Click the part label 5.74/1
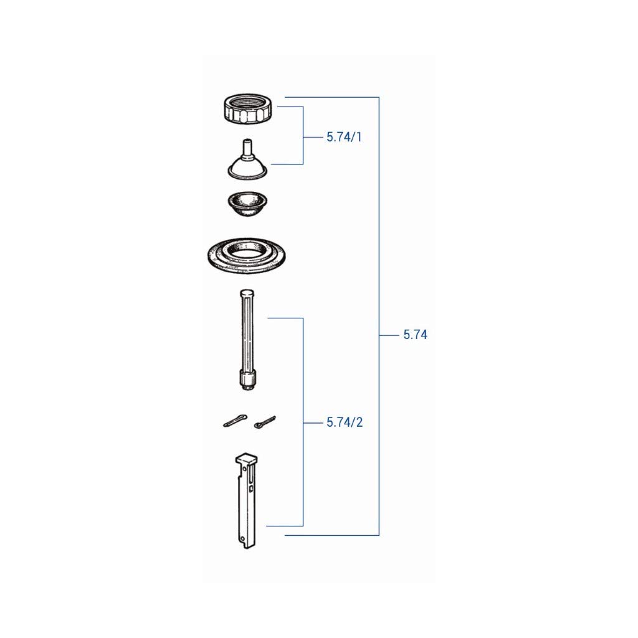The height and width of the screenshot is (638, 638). tap(344, 137)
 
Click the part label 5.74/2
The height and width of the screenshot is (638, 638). tap(345, 422)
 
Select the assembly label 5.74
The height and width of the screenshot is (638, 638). tap(415, 335)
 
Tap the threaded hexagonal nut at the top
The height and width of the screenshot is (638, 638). tap(248, 108)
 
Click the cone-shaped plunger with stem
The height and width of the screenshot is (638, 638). tap(247, 163)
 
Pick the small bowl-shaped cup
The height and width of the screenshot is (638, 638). tap(247, 204)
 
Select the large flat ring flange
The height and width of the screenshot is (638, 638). tap(246, 256)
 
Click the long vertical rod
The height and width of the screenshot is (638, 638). tap(247, 340)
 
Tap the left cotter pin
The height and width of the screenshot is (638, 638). tap(235, 421)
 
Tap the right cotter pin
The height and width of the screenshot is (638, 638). tap(265, 422)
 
